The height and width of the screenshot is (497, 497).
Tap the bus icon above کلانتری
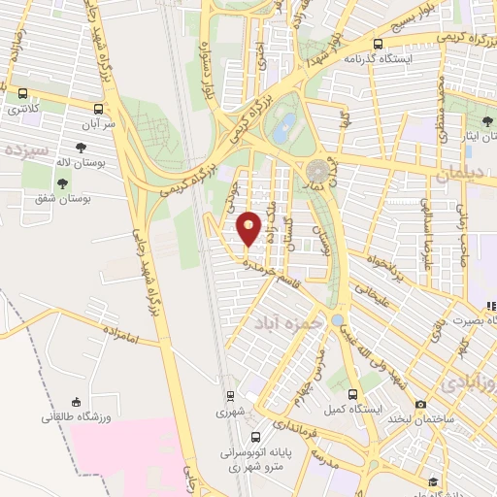point(21,94)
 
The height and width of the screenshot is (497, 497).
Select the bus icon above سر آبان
point(98,110)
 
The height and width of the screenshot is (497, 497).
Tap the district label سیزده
point(26,151)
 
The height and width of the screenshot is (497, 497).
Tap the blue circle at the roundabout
point(337,319)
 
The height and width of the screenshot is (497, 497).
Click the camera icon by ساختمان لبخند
point(419,405)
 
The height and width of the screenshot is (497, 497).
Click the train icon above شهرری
point(230,396)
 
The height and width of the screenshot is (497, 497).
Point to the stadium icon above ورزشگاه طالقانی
point(76,402)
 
